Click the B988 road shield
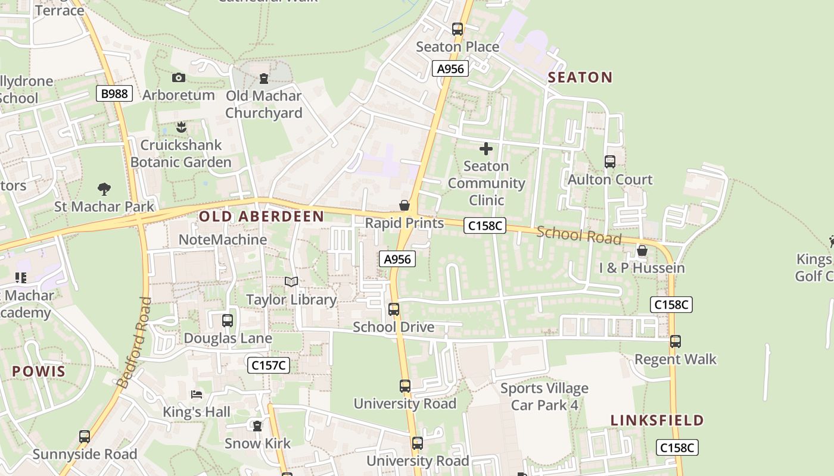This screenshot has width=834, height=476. tap(114, 93)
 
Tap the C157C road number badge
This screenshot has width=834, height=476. tap(269, 365)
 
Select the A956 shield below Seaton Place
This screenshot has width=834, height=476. tap(450, 68)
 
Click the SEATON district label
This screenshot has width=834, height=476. tap(580, 77)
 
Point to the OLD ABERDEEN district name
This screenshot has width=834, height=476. tap(262, 217)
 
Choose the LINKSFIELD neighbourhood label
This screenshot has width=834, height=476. tap(657, 421)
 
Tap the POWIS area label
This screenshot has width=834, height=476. tap(39, 372)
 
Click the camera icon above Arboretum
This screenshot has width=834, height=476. tap(178, 77)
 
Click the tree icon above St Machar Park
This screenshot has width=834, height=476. tap(104, 189)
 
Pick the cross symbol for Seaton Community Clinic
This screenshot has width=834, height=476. tap(486, 149)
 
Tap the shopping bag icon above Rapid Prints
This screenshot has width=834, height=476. tap(404, 206)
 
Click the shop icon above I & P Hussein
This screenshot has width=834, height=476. tap(642, 251)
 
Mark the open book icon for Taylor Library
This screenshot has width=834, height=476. tap(291, 282)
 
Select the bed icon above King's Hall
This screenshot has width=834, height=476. tap(197, 394)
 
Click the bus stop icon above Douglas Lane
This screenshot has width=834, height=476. tap(227, 321)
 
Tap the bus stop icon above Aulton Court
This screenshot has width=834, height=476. tap(609, 162)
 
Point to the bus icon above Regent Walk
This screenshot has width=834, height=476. tap(675, 342)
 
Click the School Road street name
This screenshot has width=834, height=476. tap(578, 235)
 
